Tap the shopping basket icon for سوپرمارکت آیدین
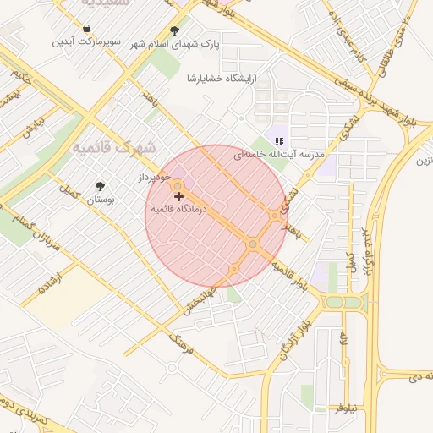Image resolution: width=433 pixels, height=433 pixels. [x=86, y=28]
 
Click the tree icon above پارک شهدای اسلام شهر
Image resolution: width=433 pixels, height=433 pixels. [x=174, y=31]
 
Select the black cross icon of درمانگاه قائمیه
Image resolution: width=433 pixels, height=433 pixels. [x=178, y=196]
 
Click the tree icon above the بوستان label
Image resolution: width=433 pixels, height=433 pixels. [x=101, y=186]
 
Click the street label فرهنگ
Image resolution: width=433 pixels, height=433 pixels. [x=183, y=343]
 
